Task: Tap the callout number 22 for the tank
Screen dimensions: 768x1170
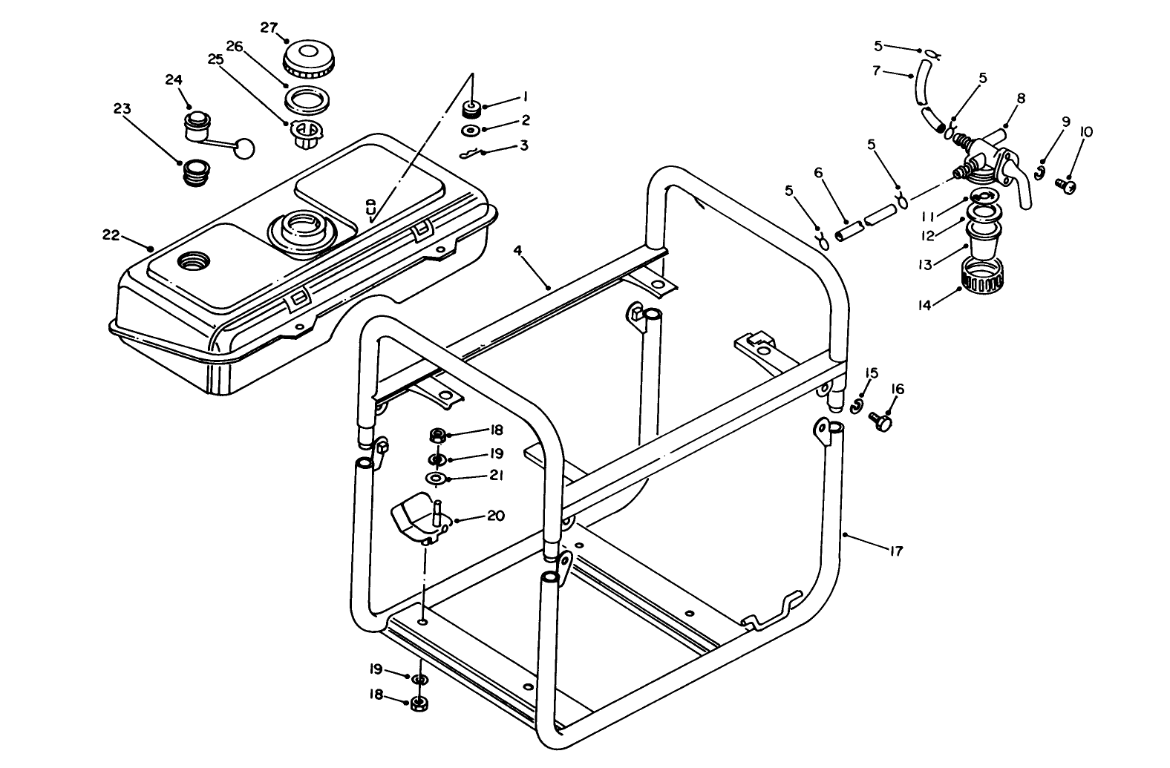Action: click(x=111, y=235)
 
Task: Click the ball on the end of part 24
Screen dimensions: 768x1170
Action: click(x=244, y=148)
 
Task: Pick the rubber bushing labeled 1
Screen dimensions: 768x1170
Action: click(x=469, y=111)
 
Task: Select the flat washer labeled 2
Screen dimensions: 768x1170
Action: click(x=469, y=131)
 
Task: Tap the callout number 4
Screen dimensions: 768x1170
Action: click(x=517, y=252)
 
